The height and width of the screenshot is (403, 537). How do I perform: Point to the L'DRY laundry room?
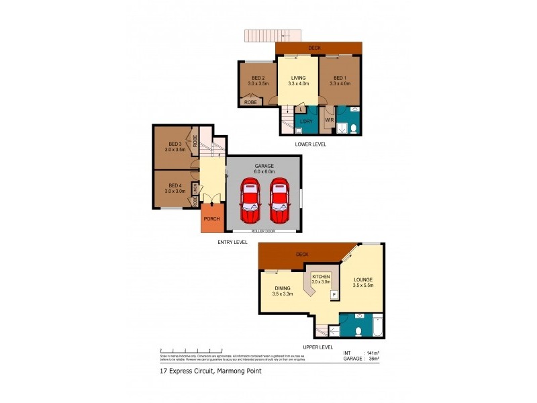tap(306, 121)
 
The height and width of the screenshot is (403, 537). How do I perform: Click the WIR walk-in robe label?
tap(329, 120)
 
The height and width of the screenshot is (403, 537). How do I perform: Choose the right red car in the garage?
tap(281, 201)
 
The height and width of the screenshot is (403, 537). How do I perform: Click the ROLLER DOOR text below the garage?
tap(264, 230)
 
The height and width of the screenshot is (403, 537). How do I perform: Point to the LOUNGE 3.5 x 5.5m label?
tap(362, 282)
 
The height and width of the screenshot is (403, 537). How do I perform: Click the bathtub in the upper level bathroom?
tap(377, 326)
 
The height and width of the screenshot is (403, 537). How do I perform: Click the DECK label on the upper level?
tap(301, 255)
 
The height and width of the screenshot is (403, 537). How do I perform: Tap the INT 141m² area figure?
tap(362, 353)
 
